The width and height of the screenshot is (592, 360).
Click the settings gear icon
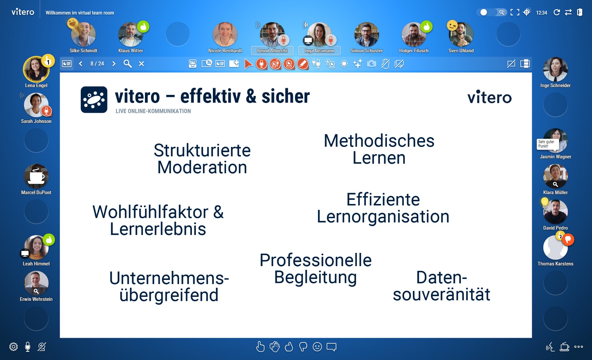[x=14, y=347]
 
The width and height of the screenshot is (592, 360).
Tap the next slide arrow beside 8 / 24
[x=114, y=64]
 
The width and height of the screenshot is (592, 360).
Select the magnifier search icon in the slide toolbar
[x=127, y=64]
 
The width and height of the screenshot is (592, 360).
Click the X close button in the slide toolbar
[x=142, y=64]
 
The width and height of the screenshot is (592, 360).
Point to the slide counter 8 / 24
[x=97, y=64]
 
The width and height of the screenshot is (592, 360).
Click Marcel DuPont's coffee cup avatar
[x=36, y=176]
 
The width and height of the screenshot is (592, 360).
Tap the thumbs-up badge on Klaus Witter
[x=144, y=27]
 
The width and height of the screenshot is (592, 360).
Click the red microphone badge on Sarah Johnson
[x=46, y=111]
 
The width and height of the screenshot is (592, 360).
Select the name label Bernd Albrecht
[x=272, y=51]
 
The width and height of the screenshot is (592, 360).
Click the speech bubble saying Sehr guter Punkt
[x=547, y=144]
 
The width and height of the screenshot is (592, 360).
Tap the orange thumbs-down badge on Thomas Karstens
[x=568, y=239]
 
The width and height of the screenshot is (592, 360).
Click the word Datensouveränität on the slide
[x=441, y=286]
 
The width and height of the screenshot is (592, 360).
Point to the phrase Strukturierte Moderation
[x=202, y=159]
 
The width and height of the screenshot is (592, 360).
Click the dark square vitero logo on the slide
[x=94, y=100]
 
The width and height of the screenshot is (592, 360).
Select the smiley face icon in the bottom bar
[x=317, y=347]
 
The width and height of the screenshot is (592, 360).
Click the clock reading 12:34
[x=541, y=13]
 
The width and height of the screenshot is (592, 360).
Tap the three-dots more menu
[x=578, y=347]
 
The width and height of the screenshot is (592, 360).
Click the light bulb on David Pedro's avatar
[x=545, y=202]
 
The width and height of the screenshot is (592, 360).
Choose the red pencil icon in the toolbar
[x=303, y=64]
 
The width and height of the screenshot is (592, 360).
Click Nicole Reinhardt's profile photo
[x=225, y=34]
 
